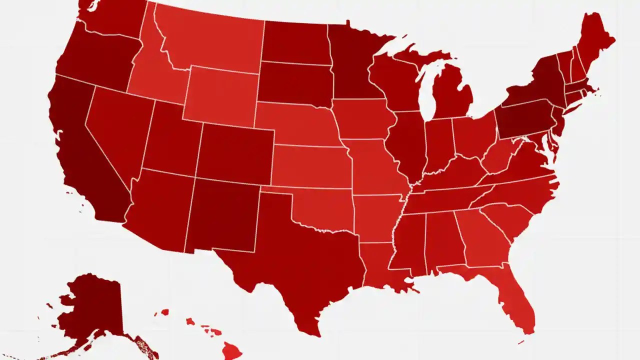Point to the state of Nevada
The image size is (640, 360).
click(x=117, y=130)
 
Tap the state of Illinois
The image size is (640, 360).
click(x=407, y=145)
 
